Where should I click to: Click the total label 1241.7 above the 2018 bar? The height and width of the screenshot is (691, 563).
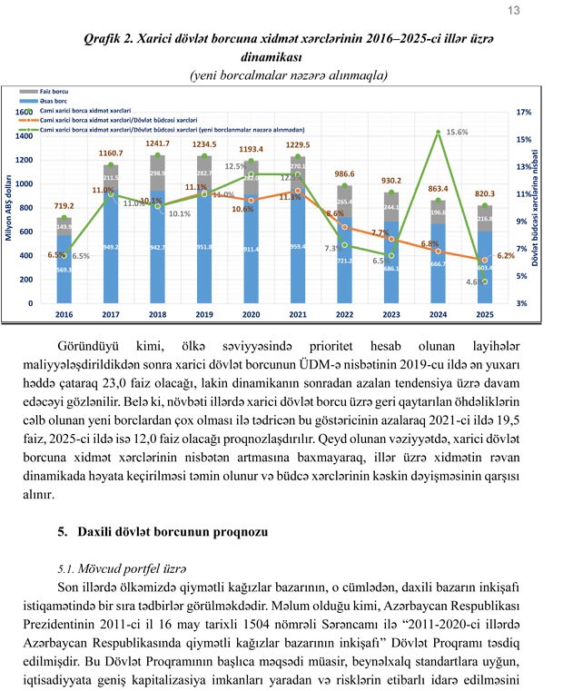[x=157, y=143]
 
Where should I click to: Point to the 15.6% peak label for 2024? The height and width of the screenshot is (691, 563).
[x=457, y=132]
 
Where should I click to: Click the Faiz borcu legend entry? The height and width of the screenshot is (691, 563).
[x=57, y=93]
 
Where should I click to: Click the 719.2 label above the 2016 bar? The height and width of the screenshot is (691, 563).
[x=64, y=208]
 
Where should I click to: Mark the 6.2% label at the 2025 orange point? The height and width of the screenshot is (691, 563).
[x=506, y=256]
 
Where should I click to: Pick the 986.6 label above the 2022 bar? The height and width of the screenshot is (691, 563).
[x=345, y=173]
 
